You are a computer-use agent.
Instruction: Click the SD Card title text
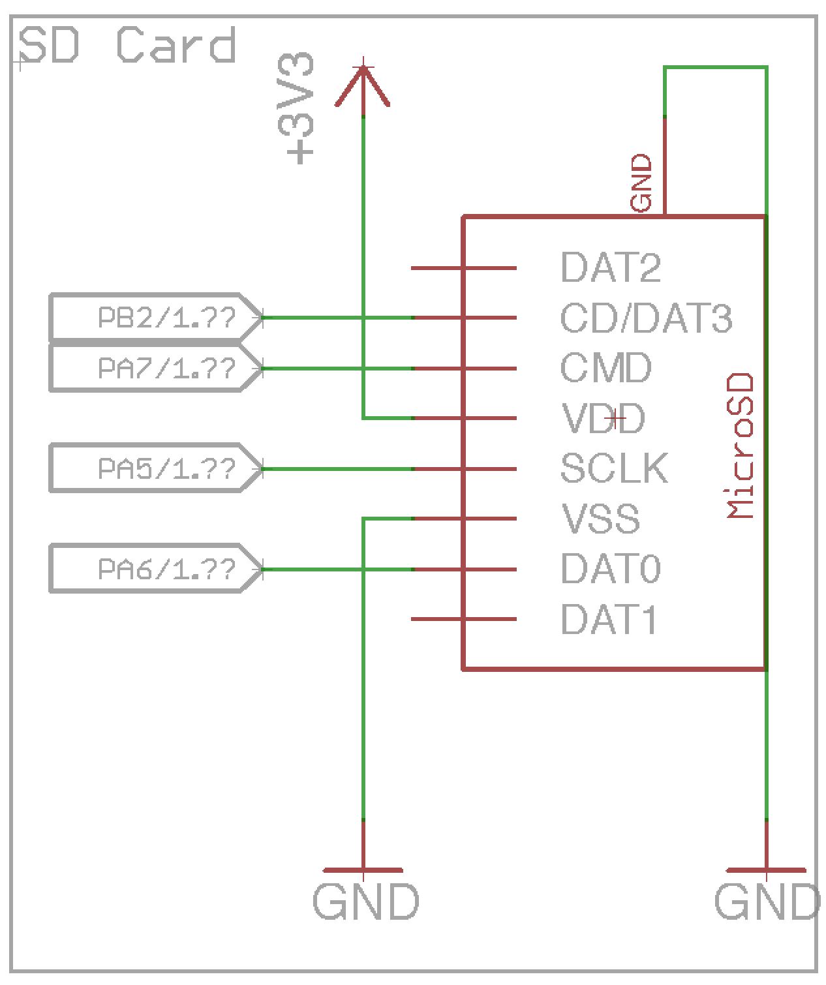[127, 46]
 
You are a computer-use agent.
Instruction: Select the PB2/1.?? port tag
[155, 318]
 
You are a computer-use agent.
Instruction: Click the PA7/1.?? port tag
[155, 369]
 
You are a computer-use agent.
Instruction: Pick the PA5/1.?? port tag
[155, 468]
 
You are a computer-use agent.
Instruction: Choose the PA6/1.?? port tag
[155, 569]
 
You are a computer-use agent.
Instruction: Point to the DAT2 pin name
[611, 267]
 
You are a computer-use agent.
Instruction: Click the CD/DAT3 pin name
[646, 318]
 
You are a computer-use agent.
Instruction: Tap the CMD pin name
[605, 368]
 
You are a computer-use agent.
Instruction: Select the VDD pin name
[603, 418]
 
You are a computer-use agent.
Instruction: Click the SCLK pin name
[614, 468]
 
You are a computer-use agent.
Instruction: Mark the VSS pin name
[600, 519]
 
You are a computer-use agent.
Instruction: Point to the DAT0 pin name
[611, 569]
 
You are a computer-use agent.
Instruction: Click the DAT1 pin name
[609, 619]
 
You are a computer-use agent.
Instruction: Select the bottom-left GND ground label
[365, 902]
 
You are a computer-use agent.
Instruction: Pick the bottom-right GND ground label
[767, 902]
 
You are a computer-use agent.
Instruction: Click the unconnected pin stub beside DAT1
[437, 619]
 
